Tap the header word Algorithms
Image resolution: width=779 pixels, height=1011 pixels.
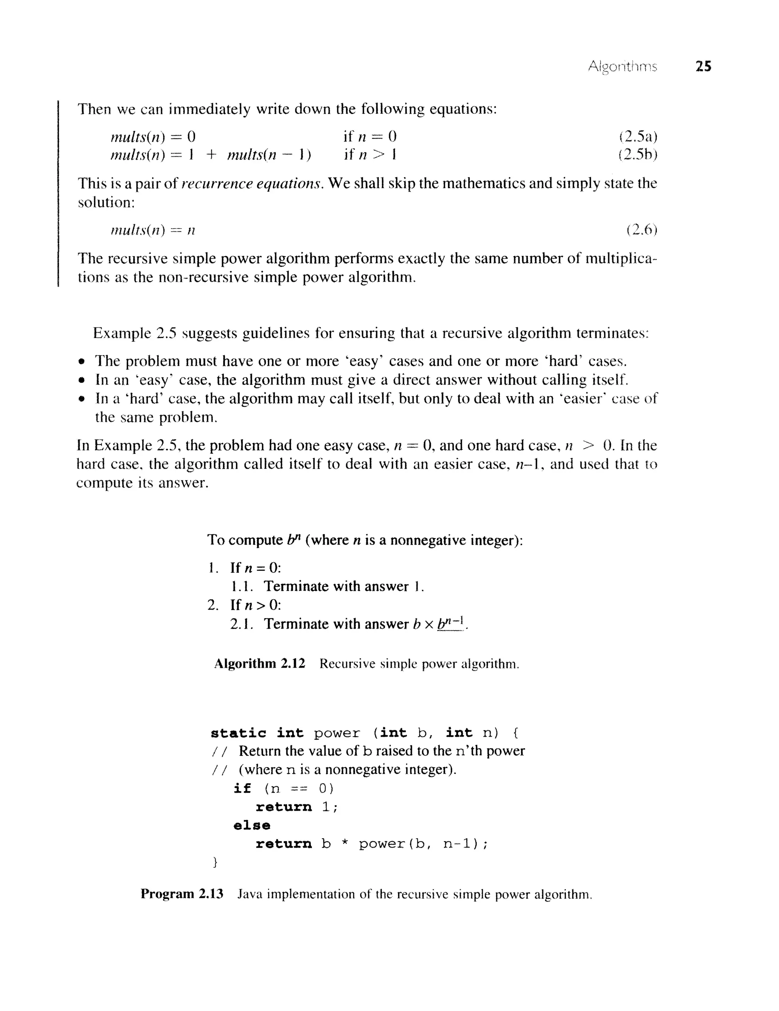pyautogui.click(x=622, y=68)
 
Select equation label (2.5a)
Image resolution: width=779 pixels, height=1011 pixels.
pyautogui.click(x=638, y=136)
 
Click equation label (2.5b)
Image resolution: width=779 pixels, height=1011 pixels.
pyautogui.click(x=638, y=155)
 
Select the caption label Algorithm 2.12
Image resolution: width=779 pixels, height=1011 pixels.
pyautogui.click(x=259, y=664)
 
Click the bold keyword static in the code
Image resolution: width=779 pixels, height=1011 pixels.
pyautogui.click(x=238, y=733)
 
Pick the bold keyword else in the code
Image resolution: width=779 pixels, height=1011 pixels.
pyautogui.click(x=251, y=825)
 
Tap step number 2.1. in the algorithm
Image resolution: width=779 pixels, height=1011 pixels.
pyautogui.click(x=241, y=624)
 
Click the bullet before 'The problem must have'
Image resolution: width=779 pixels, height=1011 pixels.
pyautogui.click(x=82, y=362)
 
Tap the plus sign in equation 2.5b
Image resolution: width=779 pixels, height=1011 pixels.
pyautogui.click(x=211, y=155)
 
